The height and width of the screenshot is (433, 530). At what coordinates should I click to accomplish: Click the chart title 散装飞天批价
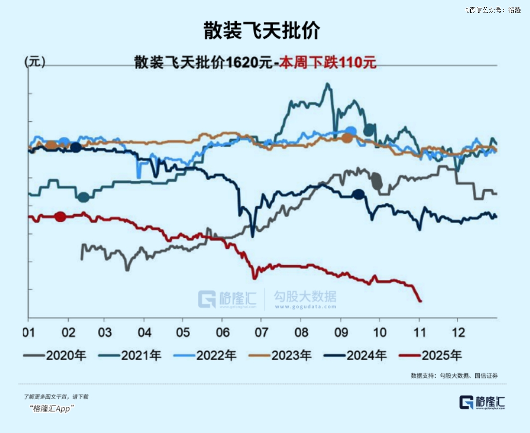(261, 30)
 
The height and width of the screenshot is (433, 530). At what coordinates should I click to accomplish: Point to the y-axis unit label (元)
(35, 62)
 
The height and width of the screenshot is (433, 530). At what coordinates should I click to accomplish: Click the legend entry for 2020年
(55, 355)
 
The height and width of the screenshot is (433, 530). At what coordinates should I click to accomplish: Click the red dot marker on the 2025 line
(60, 216)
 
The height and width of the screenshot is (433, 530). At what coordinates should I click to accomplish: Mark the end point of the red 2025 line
(420, 300)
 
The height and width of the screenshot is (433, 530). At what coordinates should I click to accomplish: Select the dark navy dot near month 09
(358, 194)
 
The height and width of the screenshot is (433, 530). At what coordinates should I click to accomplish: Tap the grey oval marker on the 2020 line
(377, 180)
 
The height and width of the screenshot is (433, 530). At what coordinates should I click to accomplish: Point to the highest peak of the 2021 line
(327, 84)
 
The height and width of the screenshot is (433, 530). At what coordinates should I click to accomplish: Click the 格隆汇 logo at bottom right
(482, 402)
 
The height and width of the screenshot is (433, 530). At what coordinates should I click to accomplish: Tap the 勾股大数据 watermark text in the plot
(305, 297)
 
